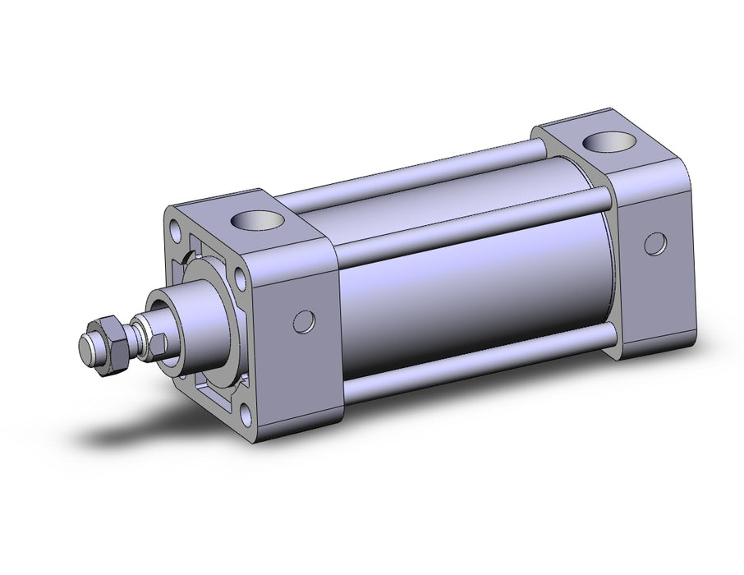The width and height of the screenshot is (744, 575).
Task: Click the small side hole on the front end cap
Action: point(303,321)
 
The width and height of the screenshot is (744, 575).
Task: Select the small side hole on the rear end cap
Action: point(654,245)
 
